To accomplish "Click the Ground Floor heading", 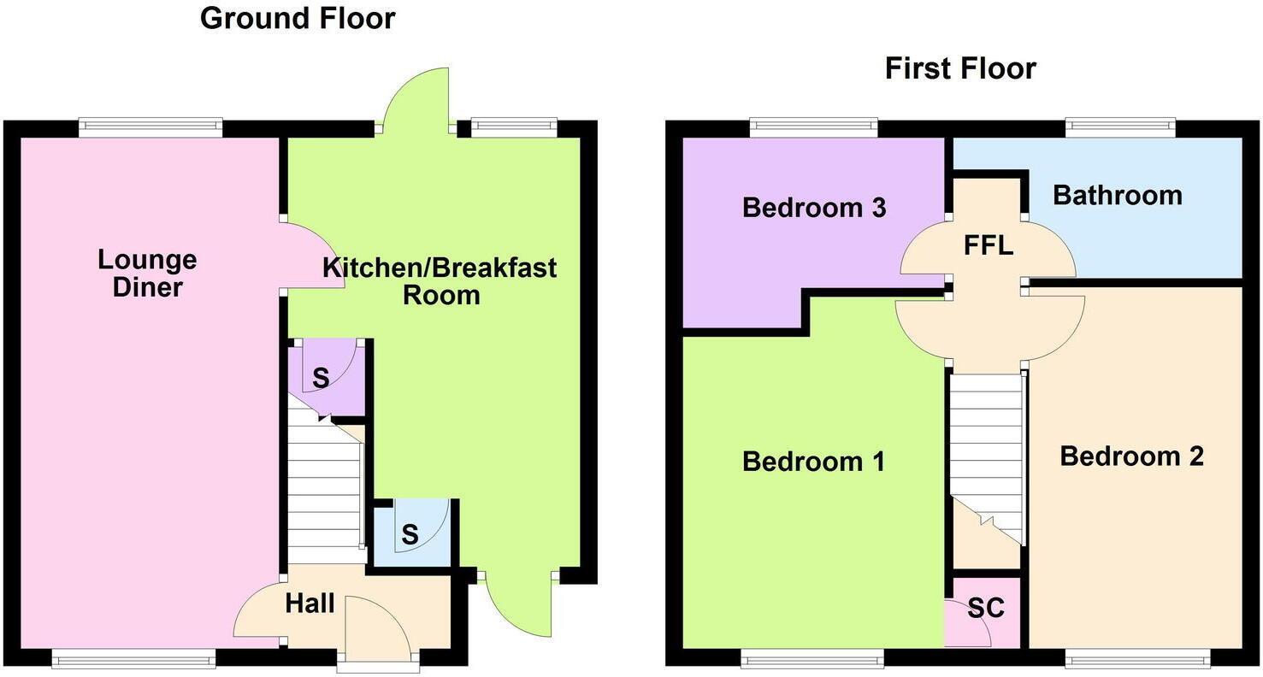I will pyautogui.click(x=298, y=18).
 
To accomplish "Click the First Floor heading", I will pyautogui.click(x=960, y=68).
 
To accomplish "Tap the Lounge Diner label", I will pyautogui.click(x=147, y=273).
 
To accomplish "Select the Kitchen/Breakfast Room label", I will pyautogui.click(x=440, y=281).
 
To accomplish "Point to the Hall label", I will pyautogui.click(x=310, y=603).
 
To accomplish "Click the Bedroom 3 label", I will pyautogui.click(x=813, y=207).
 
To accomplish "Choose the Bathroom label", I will pyautogui.click(x=1117, y=195).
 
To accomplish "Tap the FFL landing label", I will pyautogui.click(x=988, y=246).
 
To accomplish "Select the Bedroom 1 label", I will pyautogui.click(x=813, y=462).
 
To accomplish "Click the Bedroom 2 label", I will pyautogui.click(x=1131, y=456).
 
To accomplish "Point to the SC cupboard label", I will pyautogui.click(x=986, y=609).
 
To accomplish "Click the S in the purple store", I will pyautogui.click(x=320, y=379).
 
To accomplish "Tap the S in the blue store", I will pyautogui.click(x=410, y=535).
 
